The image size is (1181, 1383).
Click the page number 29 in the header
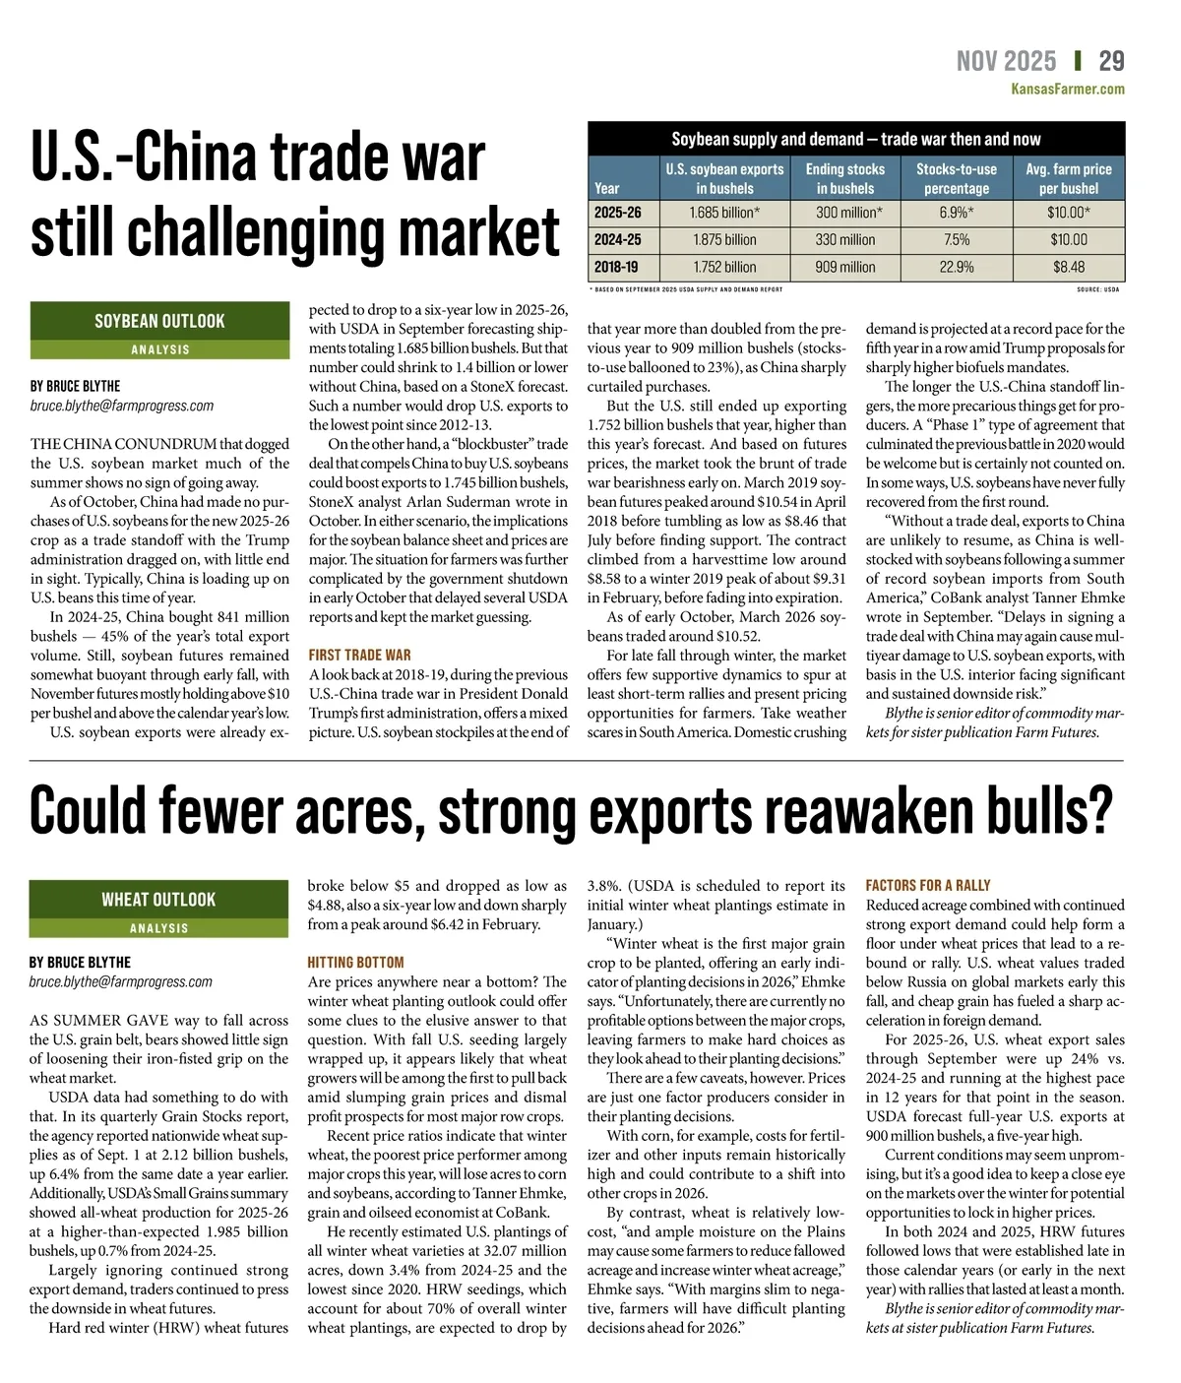pos(1111,61)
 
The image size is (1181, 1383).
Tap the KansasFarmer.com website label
pos(1068,90)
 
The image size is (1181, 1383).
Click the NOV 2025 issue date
pos(1006,61)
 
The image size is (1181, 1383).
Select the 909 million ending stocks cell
pos(844,267)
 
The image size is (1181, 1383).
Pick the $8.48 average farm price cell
pos(1069,267)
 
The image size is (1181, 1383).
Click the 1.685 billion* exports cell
pos(724,213)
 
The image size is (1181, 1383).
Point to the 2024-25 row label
pos(618,239)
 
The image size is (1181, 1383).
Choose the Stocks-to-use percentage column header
pos(956,178)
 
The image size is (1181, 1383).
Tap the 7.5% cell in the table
pos(956,239)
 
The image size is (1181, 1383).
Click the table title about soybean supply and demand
pos(855,139)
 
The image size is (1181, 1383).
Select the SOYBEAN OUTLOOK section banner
pos(159,321)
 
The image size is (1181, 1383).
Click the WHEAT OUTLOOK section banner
pos(158,899)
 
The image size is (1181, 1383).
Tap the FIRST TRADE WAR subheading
pos(359,655)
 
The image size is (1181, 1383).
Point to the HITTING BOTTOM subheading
pos(355,962)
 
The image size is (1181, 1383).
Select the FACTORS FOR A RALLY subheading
pos(928,885)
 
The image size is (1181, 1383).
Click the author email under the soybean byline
pos(122,406)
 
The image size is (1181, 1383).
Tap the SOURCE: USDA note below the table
pos(1097,289)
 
